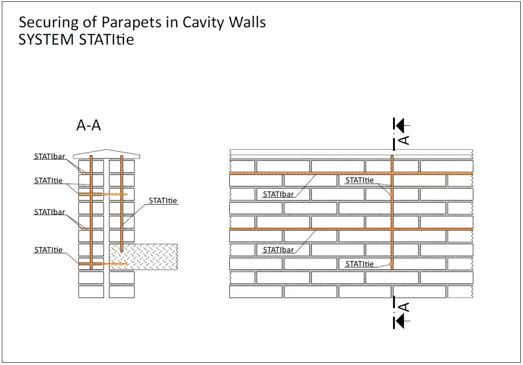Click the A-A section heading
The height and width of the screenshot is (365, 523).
88,125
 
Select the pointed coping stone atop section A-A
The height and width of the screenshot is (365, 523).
106,154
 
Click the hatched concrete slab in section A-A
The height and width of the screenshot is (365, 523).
150,257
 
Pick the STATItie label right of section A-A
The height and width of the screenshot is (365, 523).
162,200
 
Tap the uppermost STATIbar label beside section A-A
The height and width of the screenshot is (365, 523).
49,157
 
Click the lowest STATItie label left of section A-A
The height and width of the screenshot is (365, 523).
48,250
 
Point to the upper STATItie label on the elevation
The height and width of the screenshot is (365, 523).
359,180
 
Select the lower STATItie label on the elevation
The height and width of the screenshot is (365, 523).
359,264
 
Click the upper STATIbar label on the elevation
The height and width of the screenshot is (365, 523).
278,194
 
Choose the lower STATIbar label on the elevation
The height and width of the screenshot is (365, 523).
278,250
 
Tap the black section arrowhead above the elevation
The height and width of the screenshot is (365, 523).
400,125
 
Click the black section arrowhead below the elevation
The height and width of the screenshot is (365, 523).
400,321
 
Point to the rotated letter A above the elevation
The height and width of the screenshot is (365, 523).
404,139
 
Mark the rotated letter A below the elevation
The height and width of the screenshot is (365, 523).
404,307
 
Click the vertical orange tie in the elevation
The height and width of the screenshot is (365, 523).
392,214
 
